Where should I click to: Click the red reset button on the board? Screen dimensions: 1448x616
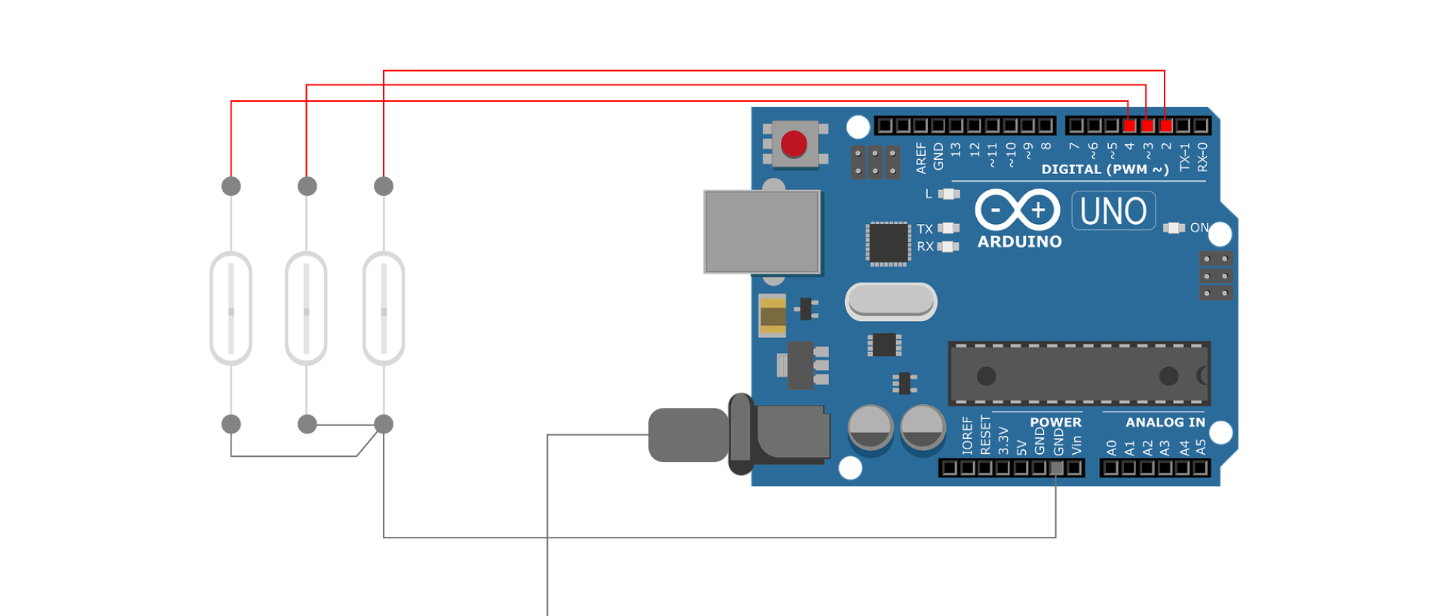[794, 144]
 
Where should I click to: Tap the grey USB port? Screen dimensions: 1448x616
[762, 231]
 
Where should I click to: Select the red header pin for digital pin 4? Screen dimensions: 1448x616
[1129, 125]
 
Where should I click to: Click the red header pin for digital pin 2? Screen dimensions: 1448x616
[1165, 125]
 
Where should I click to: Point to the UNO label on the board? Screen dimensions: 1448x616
[1113, 211]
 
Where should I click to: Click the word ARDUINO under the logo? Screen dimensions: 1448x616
[1019, 242]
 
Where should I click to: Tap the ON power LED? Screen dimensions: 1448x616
[1174, 228]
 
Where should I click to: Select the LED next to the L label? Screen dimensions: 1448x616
[948, 194]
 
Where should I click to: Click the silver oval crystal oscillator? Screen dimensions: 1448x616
[891, 302]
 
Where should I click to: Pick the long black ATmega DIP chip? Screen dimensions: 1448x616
[1079, 374]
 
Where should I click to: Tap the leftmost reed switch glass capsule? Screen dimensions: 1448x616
[231, 308]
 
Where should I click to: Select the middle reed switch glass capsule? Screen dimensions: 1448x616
[306, 308]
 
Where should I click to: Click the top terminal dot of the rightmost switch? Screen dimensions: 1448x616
[384, 185]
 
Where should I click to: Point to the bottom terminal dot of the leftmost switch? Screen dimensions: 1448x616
[231, 424]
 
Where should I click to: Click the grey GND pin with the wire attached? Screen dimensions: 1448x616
[1057, 468]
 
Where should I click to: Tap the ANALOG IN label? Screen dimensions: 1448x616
[1165, 422]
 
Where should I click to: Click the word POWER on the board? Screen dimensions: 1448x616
[1055, 422]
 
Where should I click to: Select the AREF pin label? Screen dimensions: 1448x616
[920, 158]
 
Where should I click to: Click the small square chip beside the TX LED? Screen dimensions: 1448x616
[888, 244]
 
